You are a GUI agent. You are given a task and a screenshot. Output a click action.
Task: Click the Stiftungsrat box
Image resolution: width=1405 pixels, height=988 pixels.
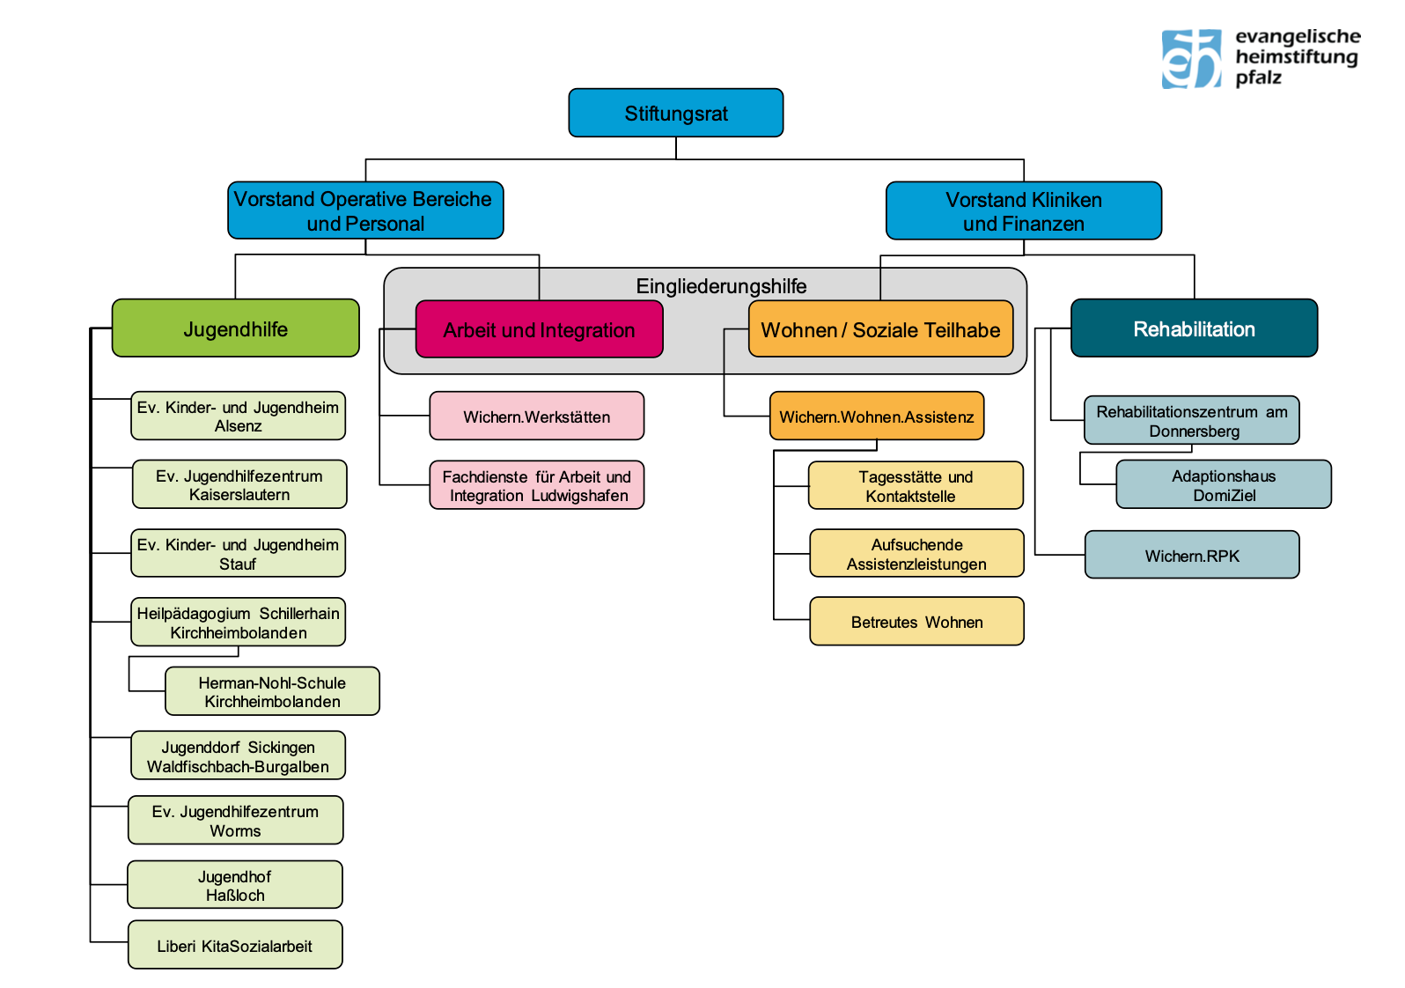click(x=675, y=113)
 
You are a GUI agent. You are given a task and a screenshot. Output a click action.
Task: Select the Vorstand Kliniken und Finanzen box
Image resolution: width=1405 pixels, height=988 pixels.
click(x=1023, y=210)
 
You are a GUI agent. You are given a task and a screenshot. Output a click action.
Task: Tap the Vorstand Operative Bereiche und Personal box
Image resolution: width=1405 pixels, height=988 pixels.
click(x=365, y=210)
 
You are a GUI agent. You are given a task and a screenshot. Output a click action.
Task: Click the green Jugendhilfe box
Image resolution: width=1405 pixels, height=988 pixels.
click(x=235, y=328)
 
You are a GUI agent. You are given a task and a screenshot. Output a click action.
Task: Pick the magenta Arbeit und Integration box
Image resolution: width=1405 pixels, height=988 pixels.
click(x=539, y=329)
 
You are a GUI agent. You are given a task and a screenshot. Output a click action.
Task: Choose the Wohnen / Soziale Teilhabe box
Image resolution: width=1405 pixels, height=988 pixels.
click(x=880, y=329)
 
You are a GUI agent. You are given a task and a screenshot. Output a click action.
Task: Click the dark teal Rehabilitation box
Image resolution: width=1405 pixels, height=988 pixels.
click(x=1194, y=328)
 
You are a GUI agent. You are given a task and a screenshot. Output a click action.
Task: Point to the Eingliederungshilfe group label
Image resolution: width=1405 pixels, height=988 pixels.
click(x=721, y=286)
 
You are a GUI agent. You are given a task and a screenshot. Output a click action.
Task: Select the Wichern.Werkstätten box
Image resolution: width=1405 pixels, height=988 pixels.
click(x=536, y=416)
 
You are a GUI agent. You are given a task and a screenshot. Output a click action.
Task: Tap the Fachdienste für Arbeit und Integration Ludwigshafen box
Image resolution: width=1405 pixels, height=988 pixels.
click(x=536, y=485)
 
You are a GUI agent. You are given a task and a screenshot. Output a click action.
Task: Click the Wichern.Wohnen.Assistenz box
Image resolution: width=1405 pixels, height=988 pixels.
click(x=876, y=416)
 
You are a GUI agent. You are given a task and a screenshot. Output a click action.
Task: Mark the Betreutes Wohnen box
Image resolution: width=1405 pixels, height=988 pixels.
click(x=916, y=621)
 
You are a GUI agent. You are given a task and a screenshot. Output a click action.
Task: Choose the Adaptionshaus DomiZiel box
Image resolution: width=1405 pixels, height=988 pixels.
click(x=1223, y=484)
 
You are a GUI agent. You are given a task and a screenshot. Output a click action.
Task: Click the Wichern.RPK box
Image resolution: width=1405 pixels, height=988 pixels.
click(x=1192, y=555)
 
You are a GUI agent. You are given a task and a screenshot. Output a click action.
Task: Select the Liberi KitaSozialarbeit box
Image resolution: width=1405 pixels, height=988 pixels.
click(x=235, y=945)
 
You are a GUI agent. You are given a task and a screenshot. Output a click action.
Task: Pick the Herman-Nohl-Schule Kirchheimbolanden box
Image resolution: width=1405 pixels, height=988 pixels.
click(x=272, y=691)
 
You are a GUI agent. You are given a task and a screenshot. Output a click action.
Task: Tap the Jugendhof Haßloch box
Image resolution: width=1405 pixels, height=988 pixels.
click(x=234, y=884)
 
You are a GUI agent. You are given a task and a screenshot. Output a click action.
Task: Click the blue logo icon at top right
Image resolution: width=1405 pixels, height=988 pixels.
click(x=1191, y=59)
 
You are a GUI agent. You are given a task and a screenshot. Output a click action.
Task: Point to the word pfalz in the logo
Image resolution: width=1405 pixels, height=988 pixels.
click(x=1258, y=78)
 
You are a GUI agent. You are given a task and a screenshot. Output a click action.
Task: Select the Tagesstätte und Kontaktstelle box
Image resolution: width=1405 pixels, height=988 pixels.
click(x=916, y=485)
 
